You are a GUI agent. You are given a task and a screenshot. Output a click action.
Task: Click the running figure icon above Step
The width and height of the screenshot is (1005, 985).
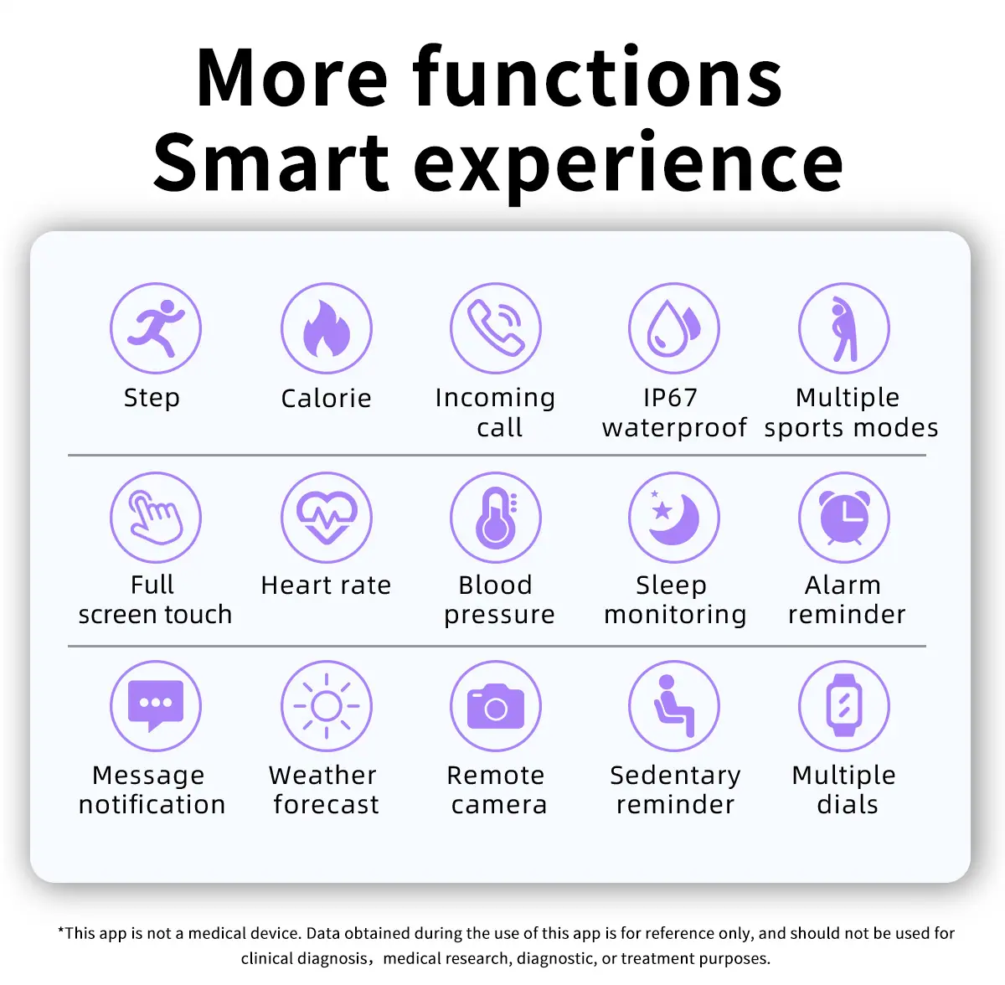156,328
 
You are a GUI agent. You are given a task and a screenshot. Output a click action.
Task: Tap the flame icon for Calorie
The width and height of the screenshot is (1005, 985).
327,328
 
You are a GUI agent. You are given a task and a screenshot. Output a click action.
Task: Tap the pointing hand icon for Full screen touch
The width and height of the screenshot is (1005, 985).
156,517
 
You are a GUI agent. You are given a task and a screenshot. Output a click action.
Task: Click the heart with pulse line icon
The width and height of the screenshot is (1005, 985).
327,517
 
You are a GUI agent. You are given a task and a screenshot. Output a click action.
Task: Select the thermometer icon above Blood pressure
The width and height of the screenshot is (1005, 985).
496,517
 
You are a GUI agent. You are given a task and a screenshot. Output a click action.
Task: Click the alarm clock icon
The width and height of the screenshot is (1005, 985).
844,517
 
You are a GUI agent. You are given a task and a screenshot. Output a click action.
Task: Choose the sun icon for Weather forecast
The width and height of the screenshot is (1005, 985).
327,706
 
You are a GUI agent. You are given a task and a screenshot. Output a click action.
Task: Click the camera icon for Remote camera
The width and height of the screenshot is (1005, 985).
496,706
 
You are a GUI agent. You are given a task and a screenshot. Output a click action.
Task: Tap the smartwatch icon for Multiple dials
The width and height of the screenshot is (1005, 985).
844,706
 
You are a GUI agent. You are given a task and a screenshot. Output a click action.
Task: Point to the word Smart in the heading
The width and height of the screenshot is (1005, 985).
271,162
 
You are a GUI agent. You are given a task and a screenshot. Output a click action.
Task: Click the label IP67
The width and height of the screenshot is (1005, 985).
670,398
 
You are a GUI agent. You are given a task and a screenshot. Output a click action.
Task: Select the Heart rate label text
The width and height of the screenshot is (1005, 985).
326,585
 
